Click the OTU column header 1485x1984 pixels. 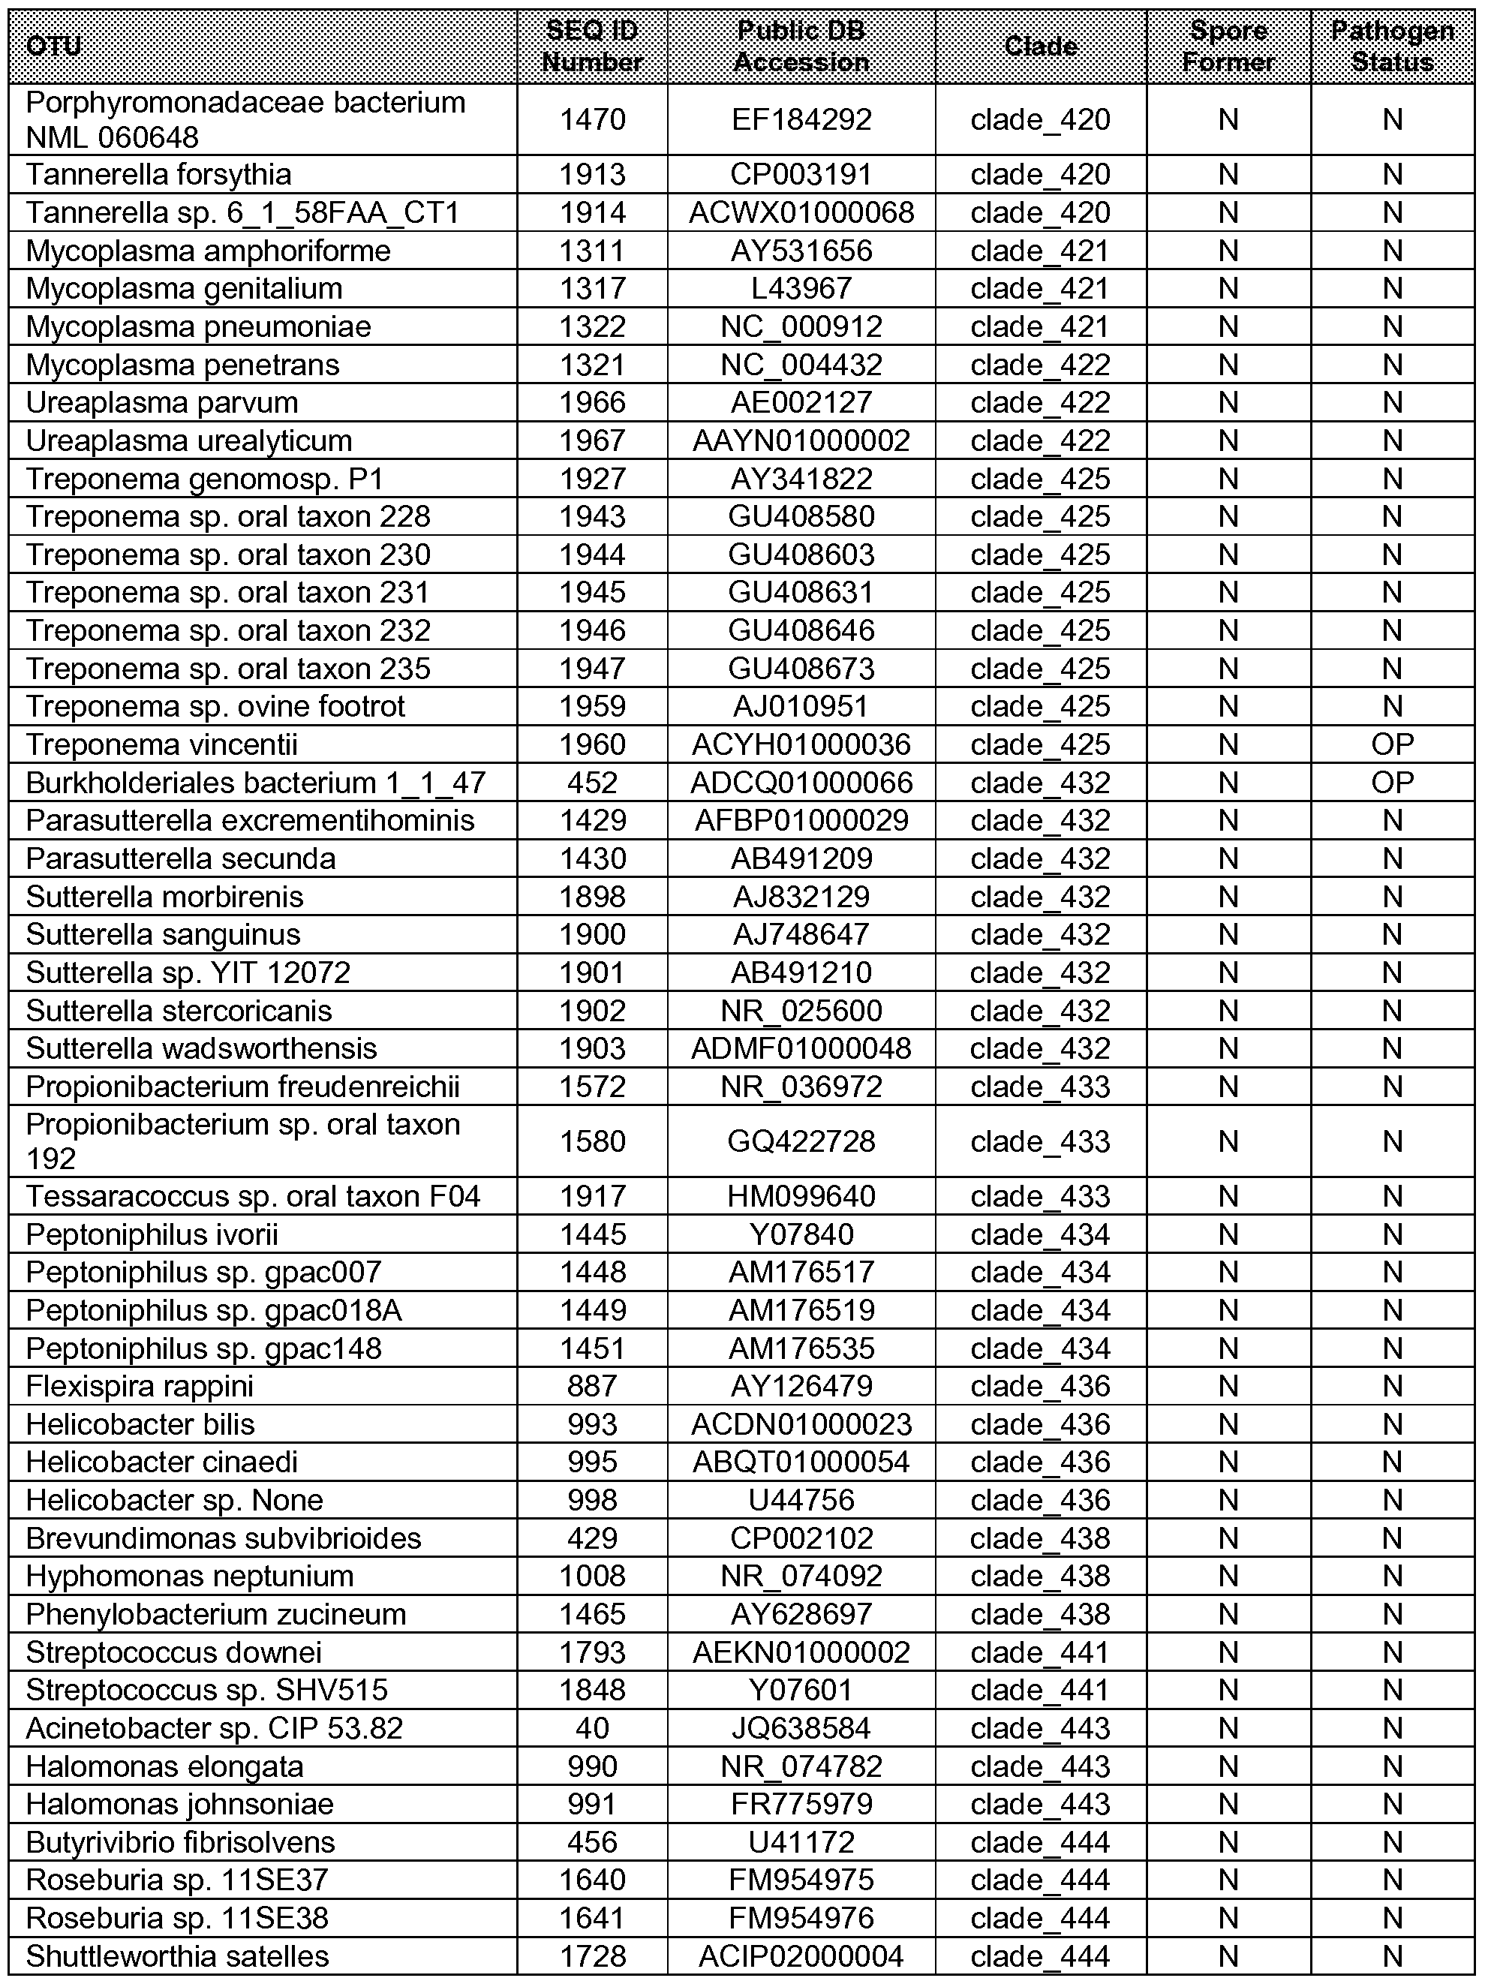point(54,46)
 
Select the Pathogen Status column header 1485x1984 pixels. point(1392,46)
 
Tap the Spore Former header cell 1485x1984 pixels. point(1228,46)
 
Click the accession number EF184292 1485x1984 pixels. point(801,119)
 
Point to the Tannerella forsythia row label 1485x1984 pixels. point(159,174)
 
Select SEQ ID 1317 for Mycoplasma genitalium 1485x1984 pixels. point(592,288)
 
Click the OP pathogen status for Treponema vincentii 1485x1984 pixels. point(1392,744)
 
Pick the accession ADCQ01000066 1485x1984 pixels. point(801,782)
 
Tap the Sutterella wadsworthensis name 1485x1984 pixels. point(201,1048)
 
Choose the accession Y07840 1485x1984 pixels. point(801,1234)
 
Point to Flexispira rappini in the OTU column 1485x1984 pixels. point(140,1386)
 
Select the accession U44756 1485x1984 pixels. point(801,1500)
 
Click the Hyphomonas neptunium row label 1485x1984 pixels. point(189,1576)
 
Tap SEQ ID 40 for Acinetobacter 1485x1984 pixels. point(592,1727)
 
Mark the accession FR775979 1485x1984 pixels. point(801,1804)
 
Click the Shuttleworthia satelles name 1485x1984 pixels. point(178,1955)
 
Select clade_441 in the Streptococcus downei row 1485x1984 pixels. point(1040,1652)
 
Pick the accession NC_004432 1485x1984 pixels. point(801,364)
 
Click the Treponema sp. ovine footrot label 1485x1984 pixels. point(215,706)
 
